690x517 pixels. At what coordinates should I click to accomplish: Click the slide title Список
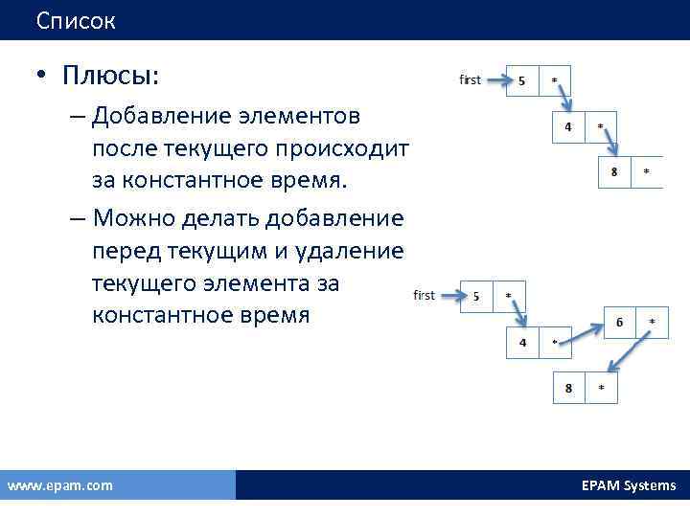[77, 20]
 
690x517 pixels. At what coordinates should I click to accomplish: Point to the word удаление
[355, 250]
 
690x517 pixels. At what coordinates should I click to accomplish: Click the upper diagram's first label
[470, 80]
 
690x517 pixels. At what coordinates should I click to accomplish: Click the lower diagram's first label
[424, 296]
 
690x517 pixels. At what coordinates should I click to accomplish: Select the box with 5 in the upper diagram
[521, 81]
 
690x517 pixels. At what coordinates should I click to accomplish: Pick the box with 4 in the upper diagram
[568, 126]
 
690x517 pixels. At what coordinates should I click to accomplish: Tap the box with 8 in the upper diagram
[614, 171]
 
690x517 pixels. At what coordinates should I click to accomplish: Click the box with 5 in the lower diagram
[476, 296]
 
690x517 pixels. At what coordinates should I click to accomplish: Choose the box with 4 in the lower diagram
[522, 343]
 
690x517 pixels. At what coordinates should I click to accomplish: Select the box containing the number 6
[619, 323]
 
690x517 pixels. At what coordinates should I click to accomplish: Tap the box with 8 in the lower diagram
[569, 388]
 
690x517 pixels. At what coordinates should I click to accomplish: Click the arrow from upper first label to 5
[494, 81]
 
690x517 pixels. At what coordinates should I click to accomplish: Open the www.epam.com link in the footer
[59, 485]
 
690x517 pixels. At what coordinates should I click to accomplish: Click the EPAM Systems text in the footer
[628, 485]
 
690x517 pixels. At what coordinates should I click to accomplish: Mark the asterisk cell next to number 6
[652, 323]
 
